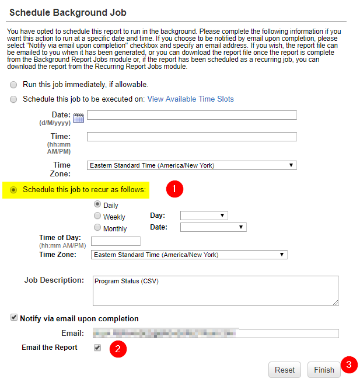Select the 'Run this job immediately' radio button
click(x=13, y=85)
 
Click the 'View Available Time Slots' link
click(x=190, y=99)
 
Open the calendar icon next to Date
click(x=79, y=117)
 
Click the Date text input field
click(x=191, y=115)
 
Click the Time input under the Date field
click(x=191, y=137)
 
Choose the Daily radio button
click(x=97, y=204)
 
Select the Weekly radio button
click(x=97, y=216)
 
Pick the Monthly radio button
click(x=97, y=228)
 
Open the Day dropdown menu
click(x=204, y=216)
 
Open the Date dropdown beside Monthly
click(x=213, y=227)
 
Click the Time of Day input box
click(x=116, y=241)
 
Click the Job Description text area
click(x=215, y=290)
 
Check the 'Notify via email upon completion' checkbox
click(x=14, y=318)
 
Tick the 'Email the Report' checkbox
click(x=97, y=348)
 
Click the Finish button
click(x=324, y=370)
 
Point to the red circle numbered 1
click(x=174, y=189)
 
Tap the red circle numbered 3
click(x=349, y=364)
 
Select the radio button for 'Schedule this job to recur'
click(x=13, y=190)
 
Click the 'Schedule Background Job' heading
click(x=68, y=12)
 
